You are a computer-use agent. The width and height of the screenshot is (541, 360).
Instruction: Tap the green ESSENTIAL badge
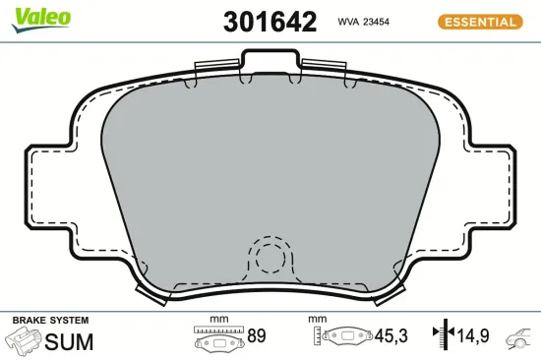pyautogui.click(x=478, y=21)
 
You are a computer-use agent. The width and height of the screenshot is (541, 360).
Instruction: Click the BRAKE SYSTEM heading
pyautogui.click(x=49, y=321)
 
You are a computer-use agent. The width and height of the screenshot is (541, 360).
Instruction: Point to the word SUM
pyautogui.click(x=70, y=341)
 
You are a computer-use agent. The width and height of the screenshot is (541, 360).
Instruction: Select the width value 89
pyautogui.click(x=257, y=336)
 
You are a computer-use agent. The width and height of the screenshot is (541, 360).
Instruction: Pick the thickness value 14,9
pyautogui.click(x=472, y=336)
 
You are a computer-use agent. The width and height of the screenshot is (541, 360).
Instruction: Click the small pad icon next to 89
pyautogui.click(x=218, y=340)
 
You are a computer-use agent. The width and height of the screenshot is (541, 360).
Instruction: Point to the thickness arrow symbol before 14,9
pyautogui.click(x=444, y=336)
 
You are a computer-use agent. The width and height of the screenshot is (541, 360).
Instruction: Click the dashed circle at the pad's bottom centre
pyautogui.click(x=269, y=260)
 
